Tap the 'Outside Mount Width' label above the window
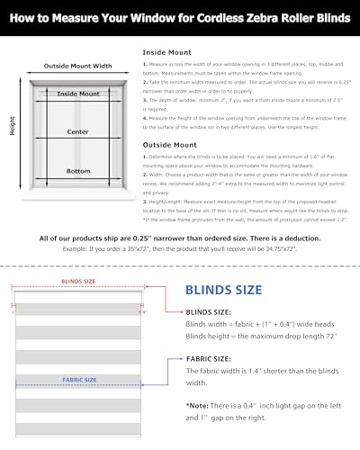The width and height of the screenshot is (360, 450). [78, 66]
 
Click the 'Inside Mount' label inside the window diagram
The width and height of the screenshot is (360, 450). [78, 94]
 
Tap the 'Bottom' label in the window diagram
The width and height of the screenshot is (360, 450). [78, 169]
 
